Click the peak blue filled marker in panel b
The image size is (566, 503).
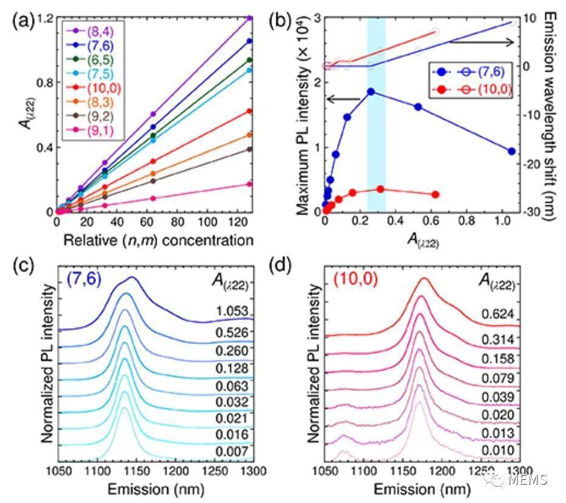370,92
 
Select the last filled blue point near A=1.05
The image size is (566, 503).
511,151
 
